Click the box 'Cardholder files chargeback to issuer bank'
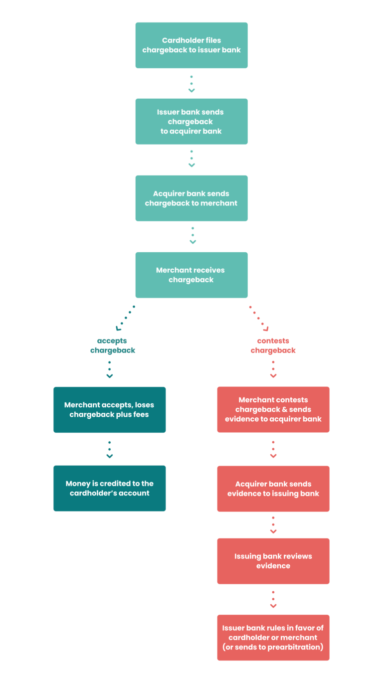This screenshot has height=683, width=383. coord(191,45)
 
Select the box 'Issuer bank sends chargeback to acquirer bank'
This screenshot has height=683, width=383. coord(191,122)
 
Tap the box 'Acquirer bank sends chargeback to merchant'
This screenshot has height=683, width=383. coord(191,198)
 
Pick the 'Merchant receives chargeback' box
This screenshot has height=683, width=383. coord(191,275)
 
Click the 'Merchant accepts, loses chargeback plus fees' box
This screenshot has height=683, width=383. coord(109,410)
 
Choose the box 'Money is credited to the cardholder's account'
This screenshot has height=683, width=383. coord(109,489)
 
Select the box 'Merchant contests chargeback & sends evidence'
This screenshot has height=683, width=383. coord(273,409)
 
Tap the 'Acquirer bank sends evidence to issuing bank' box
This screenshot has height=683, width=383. coord(273,489)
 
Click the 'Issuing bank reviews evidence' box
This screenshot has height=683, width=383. coord(273,561)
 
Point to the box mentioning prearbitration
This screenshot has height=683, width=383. coord(273,638)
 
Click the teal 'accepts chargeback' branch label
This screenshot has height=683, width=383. coord(113,345)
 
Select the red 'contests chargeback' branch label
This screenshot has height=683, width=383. coord(273,345)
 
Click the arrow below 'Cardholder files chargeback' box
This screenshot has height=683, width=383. coord(191,84)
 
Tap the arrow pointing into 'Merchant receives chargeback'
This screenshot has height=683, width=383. coord(193,236)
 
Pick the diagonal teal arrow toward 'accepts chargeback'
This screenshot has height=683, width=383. coord(125,317)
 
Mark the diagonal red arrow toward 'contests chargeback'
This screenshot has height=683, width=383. coord(259,318)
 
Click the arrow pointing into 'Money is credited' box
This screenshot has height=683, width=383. coord(110,449)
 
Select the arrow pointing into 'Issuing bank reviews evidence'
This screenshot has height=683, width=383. coord(273,525)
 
